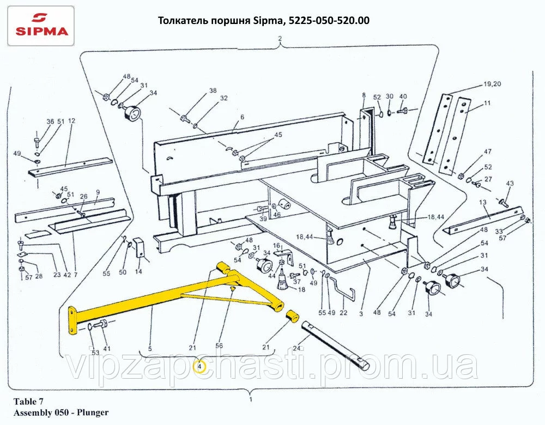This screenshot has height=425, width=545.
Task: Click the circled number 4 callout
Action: click(200, 367)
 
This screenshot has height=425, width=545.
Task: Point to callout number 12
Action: click(71, 121)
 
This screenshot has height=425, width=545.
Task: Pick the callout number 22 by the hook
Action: click(343, 313)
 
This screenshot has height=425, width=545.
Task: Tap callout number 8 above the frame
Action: click(364, 96)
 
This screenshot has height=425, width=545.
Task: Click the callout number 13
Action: click(482, 202)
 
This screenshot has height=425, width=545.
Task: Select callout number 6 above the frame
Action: click(241, 117)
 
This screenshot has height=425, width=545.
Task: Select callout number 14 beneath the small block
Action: click(138, 271)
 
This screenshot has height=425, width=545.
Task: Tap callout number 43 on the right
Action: click(510, 183)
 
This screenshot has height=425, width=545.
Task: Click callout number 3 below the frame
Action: click(361, 313)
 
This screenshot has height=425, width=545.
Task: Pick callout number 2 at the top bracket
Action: click(280, 39)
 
